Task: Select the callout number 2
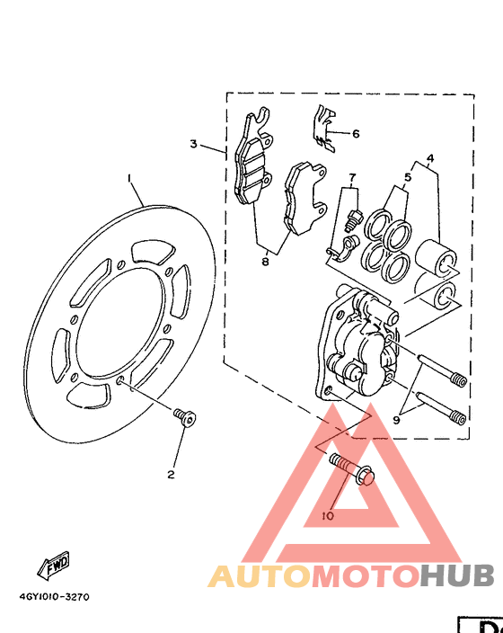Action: (x=171, y=473)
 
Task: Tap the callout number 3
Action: (x=192, y=144)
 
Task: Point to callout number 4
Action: (x=431, y=159)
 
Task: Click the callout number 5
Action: (x=406, y=177)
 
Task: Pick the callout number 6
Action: (x=356, y=134)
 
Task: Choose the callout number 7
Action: (x=353, y=177)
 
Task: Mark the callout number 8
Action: (x=265, y=262)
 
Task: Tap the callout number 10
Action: (x=327, y=516)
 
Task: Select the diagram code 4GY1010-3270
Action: (x=54, y=595)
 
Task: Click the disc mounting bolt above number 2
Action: (x=186, y=416)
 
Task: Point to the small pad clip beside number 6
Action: (x=324, y=125)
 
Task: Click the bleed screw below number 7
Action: (x=353, y=216)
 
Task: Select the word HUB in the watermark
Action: (x=457, y=575)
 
